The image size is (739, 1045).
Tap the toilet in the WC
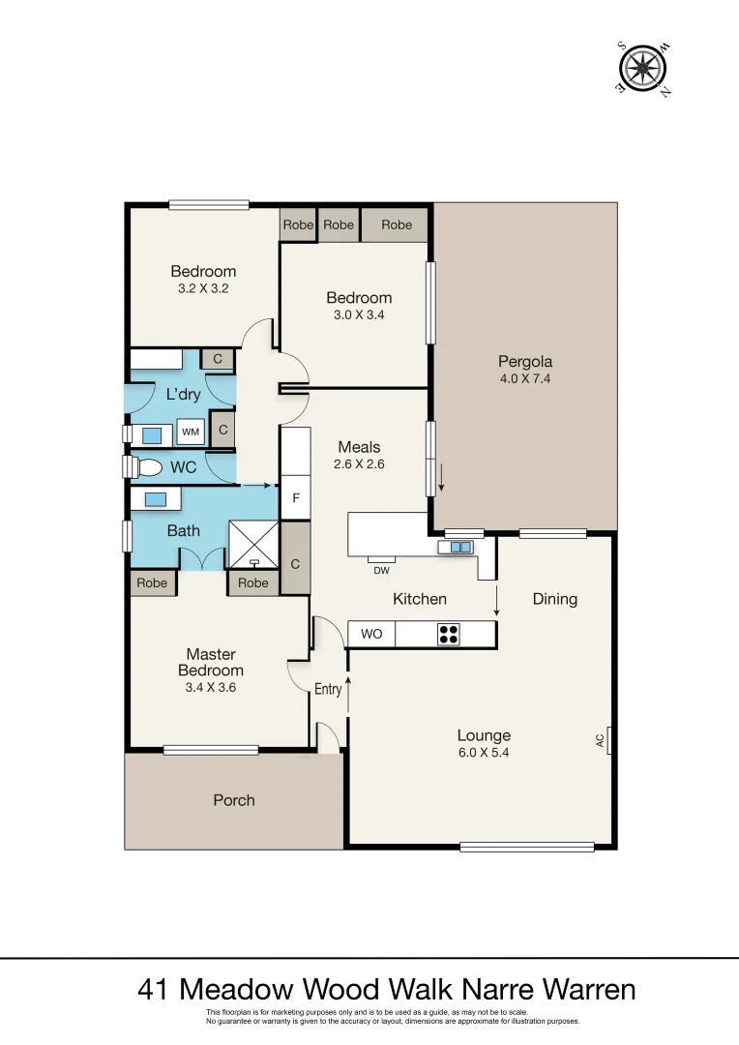pyautogui.click(x=146, y=467)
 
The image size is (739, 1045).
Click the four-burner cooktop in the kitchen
pyautogui.click(x=449, y=635)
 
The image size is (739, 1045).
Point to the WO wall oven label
pyautogui.click(x=371, y=635)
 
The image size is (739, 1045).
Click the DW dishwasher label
pyautogui.click(x=382, y=570)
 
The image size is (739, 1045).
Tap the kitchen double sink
pyautogui.click(x=461, y=547)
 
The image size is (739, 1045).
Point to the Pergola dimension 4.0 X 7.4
pyautogui.click(x=525, y=379)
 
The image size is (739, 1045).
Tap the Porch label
pyautogui.click(x=234, y=800)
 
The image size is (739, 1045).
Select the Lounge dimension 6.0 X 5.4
pyautogui.click(x=484, y=752)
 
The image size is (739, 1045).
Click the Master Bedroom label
pyautogui.click(x=211, y=663)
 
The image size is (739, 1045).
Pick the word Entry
pyautogui.click(x=328, y=689)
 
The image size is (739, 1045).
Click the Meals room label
pyautogui.click(x=359, y=447)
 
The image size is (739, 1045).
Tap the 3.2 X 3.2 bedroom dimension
pyautogui.click(x=203, y=288)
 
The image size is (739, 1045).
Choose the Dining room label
pyautogui.click(x=555, y=599)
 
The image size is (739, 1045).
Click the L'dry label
pyautogui.click(x=183, y=395)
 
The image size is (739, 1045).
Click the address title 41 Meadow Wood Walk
pyautogui.click(x=387, y=989)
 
